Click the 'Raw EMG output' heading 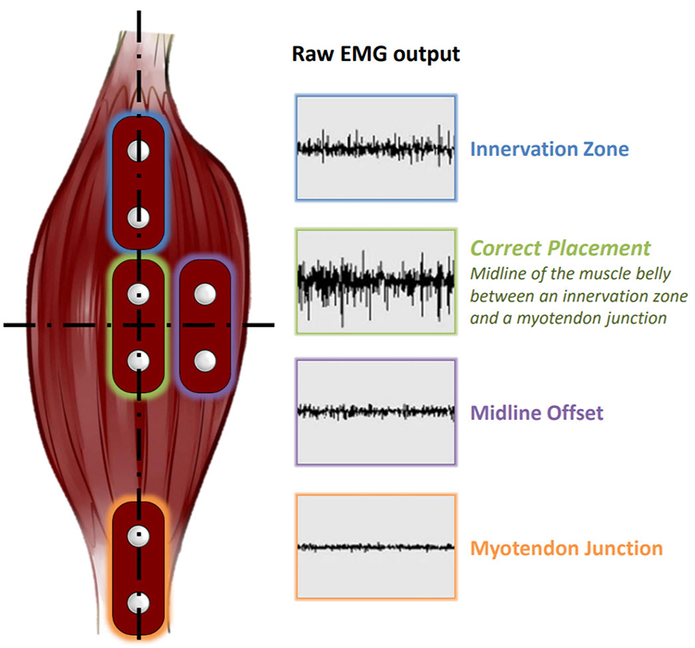[375, 53]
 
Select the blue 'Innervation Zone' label [549, 148]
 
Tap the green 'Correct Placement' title [561, 248]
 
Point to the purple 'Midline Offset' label [537, 411]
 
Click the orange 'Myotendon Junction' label [566, 548]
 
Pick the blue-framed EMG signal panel [375, 147]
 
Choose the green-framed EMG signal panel [375, 279]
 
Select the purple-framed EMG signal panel [375, 411]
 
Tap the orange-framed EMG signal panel [375, 547]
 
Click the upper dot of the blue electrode [139, 150]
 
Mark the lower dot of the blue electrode [139, 217]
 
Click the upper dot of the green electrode [139, 293]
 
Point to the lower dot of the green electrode [139, 358]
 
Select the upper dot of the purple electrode [206, 293]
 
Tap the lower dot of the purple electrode [206, 357]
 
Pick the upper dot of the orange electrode [139, 535]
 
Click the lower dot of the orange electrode [139, 603]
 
